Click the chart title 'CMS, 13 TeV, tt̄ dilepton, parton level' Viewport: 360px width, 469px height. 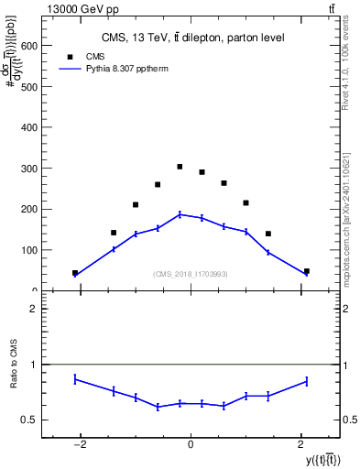pos(191,38)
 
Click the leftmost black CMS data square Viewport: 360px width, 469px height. pos(75,273)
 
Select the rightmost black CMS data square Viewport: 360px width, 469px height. pos(306,271)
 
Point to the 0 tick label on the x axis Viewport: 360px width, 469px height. pos(191,444)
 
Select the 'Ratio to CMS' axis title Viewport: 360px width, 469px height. pos(15,377)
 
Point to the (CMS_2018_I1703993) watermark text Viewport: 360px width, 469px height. pos(191,273)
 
